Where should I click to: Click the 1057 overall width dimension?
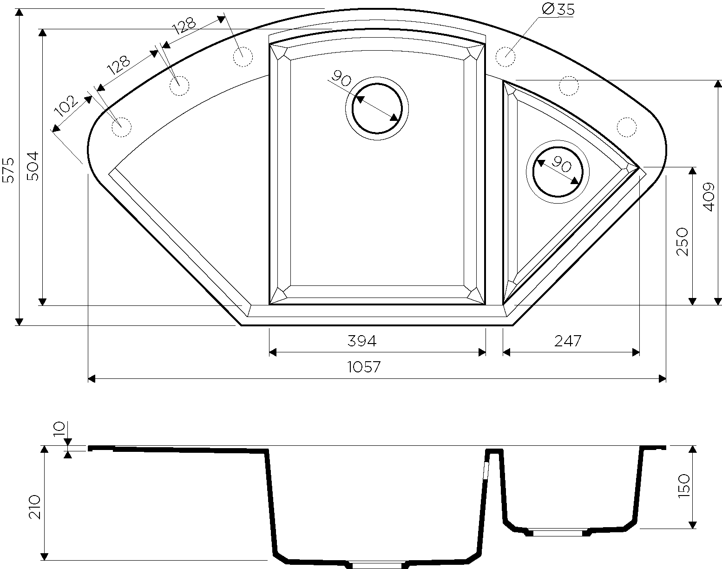tap(364, 367)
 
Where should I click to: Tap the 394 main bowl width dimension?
tap(362, 341)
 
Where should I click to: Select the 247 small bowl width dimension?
tap(567, 341)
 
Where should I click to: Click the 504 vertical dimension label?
tap(33, 166)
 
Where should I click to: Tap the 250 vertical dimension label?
tap(682, 242)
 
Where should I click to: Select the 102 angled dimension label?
tap(66, 106)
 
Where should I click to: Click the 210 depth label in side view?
tap(34, 507)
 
